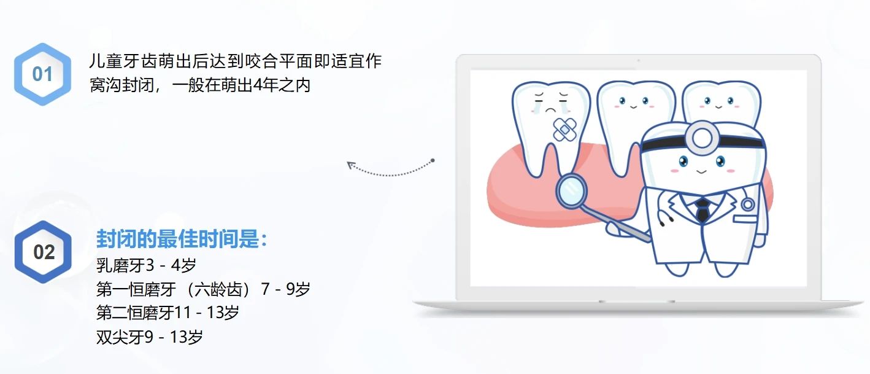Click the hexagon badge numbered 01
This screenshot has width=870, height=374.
[x=43, y=74]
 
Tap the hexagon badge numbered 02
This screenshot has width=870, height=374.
[x=43, y=252]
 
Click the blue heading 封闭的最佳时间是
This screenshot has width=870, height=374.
[x=182, y=238]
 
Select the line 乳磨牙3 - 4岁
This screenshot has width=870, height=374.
[x=146, y=265]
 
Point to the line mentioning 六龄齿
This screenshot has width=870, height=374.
[x=203, y=289]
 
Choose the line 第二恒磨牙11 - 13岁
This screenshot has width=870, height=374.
[x=167, y=313]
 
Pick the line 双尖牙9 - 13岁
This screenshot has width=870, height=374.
[x=150, y=337]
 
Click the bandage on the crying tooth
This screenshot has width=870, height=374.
[x=564, y=129]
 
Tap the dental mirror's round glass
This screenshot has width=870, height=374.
[x=571, y=190]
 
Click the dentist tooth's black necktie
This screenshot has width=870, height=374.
[x=703, y=210]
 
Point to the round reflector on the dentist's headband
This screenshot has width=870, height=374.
[x=702, y=137]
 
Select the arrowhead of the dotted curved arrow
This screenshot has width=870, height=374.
[x=352, y=166]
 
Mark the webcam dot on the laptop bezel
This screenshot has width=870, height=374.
[x=639, y=61]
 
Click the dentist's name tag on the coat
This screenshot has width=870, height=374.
[x=745, y=219]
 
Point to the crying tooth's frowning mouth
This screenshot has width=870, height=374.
[x=551, y=110]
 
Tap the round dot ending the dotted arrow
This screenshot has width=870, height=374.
[x=433, y=160]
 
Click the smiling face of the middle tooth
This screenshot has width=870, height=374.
[x=634, y=103]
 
